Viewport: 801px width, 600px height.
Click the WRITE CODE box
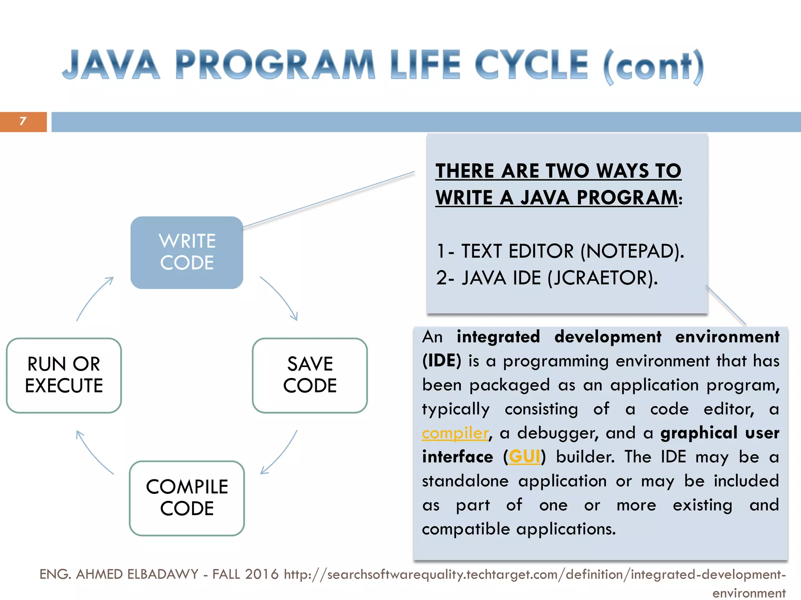coord(187,252)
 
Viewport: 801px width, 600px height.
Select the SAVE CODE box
coord(310,375)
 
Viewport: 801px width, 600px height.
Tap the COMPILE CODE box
coord(187,498)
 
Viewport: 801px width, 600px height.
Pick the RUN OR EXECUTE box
coord(64,375)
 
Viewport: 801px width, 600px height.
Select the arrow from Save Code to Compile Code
coord(281,453)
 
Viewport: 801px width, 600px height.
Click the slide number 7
coord(23,121)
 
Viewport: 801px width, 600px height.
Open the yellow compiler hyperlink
coord(455,433)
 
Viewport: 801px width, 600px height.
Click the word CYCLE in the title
coord(531,65)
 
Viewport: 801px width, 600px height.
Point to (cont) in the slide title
coord(653,66)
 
